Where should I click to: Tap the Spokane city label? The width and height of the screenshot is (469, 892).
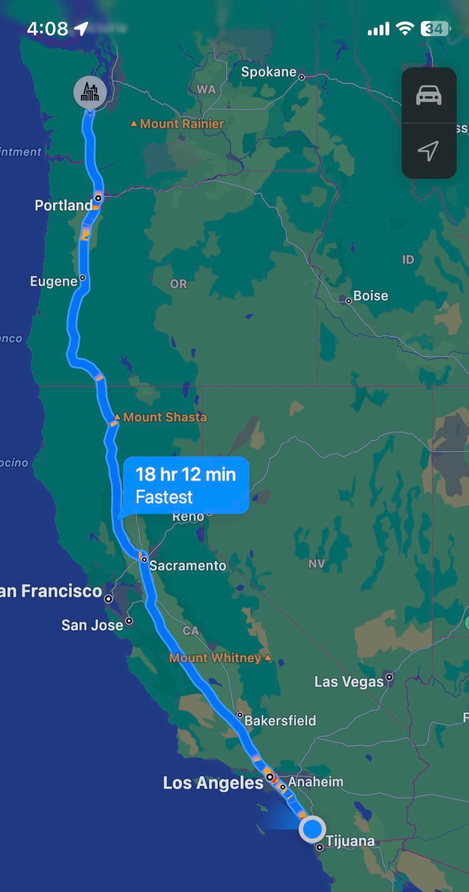point(268,72)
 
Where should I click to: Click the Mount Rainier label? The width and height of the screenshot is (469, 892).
point(182,124)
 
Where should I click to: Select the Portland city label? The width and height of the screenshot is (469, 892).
point(63,205)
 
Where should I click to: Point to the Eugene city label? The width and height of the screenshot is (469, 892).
point(53,281)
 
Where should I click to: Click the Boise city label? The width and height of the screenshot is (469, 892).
point(370,296)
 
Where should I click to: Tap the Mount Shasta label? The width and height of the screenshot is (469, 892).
point(165,417)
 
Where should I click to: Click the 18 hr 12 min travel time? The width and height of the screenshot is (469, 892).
point(185,475)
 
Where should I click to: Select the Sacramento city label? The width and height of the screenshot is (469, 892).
point(188,565)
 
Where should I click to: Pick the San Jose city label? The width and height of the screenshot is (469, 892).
point(92,625)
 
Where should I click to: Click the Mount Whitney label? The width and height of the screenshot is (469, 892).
point(215,658)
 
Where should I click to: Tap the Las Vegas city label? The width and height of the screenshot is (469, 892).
point(349,682)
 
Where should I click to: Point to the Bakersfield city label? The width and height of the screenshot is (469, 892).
point(280,721)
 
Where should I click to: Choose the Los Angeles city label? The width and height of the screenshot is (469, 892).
point(213,783)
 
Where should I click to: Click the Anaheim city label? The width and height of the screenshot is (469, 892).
point(316,782)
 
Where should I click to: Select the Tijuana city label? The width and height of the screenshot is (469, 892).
point(350,841)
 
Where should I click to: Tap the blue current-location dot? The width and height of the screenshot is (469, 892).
point(312,829)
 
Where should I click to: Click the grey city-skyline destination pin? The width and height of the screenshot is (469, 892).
point(90,92)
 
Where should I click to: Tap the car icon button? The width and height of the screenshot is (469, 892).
point(429,95)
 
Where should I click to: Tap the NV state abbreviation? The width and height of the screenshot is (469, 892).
point(317,564)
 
